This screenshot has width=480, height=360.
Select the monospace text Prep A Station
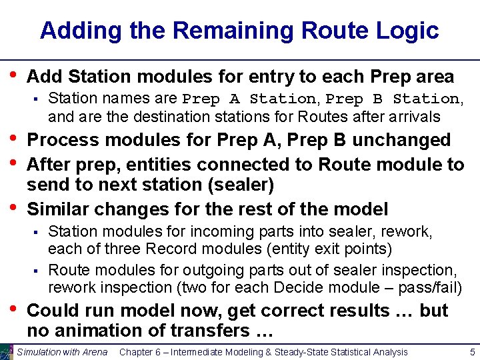click(249, 99)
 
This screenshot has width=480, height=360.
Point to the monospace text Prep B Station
click(392, 99)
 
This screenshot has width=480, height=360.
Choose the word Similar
click(61, 209)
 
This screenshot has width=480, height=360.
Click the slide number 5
click(471, 352)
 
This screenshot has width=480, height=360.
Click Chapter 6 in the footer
click(142, 352)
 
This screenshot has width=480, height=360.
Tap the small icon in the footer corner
click(7, 352)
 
